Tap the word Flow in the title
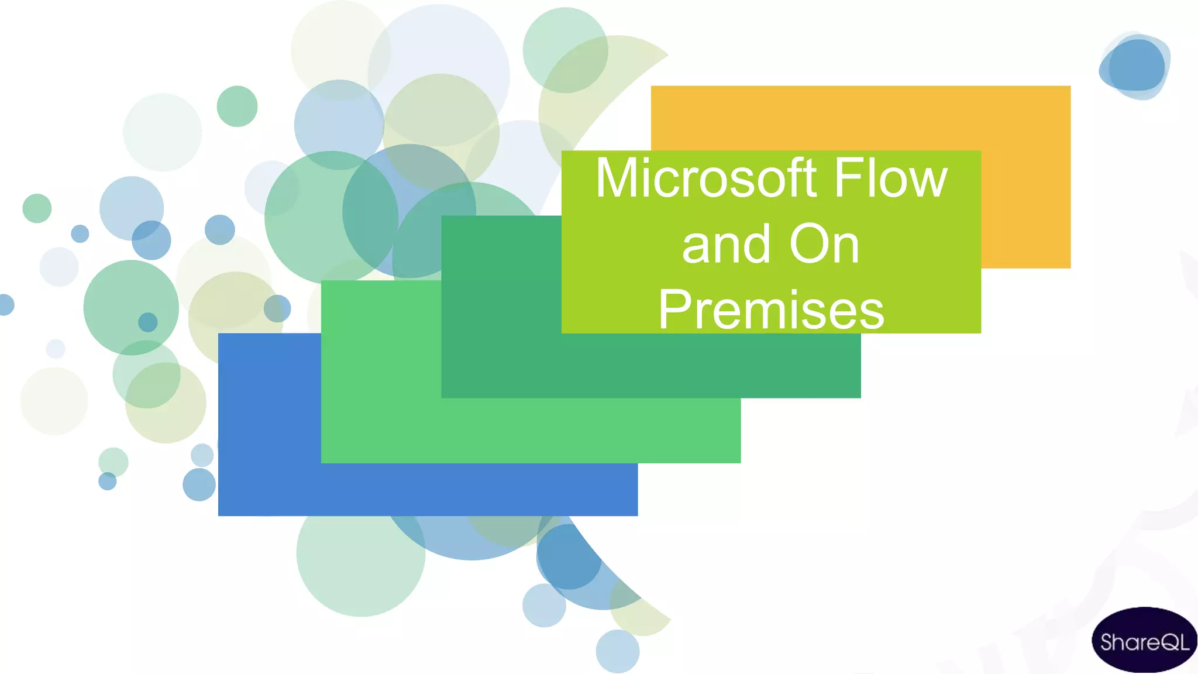tap(890, 178)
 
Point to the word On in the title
tap(824, 245)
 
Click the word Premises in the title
tap(771, 310)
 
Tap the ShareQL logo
tap(1144, 641)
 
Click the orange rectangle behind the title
tap(1024, 176)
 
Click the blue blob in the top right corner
tap(1135, 66)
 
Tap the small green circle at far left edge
tap(37, 208)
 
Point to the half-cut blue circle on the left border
tap(5, 305)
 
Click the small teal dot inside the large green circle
tap(148, 322)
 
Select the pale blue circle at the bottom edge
tap(618, 652)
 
